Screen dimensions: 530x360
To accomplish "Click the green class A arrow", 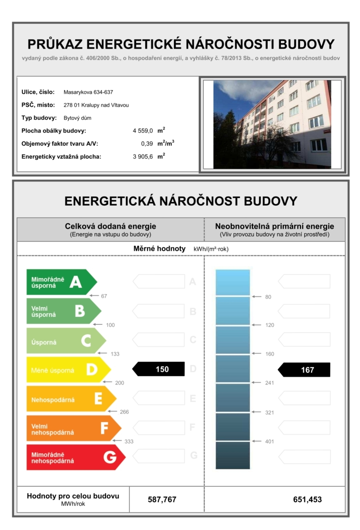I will point(61,282).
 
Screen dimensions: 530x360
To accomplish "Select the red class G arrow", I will point(75,457).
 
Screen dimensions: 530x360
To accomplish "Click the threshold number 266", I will point(124,412).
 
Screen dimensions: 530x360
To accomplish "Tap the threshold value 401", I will point(270,441).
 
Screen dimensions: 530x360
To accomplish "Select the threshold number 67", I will point(104,296).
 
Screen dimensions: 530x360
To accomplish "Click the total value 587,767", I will point(162,499).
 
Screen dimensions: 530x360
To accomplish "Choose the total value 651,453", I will point(307,499).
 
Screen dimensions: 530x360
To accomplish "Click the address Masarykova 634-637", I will point(88,92).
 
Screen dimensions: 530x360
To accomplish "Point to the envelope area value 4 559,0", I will point(143,131).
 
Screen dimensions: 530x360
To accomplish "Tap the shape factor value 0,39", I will point(147,144).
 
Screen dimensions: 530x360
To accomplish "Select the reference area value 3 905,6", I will point(143,157).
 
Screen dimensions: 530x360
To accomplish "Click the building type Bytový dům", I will point(78,118).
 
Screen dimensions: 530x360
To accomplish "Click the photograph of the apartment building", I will point(272,124).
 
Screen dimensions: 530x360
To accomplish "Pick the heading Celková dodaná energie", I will point(111,226).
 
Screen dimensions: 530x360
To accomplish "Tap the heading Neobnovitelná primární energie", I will point(275,226).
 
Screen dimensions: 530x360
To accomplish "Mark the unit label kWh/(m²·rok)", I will point(211,249).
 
